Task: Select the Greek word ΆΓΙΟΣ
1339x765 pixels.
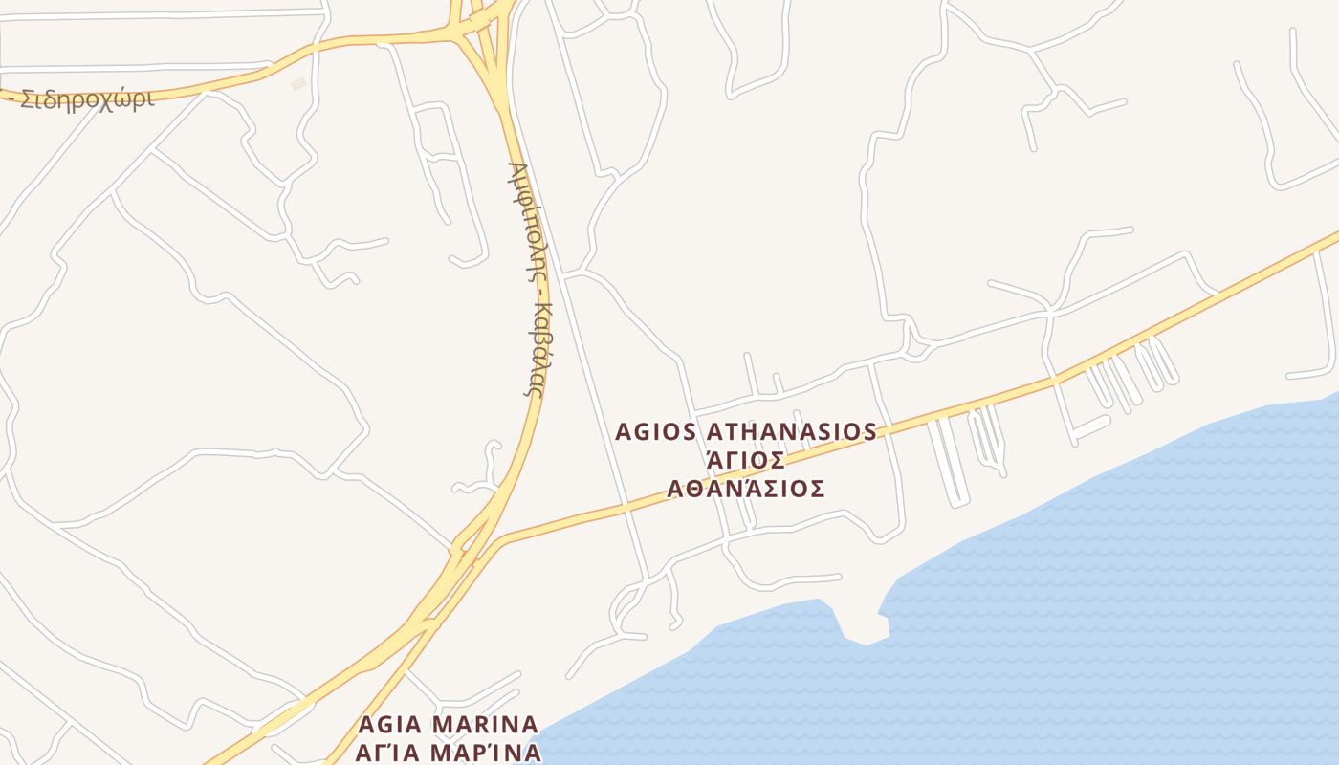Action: [x=745, y=461]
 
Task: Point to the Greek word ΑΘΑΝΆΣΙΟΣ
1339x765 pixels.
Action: [x=746, y=490]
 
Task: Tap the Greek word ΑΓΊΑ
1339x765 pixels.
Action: [x=386, y=752]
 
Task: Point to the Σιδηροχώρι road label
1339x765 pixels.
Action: [x=86, y=99]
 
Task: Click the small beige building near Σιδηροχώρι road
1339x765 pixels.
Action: [x=298, y=84]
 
